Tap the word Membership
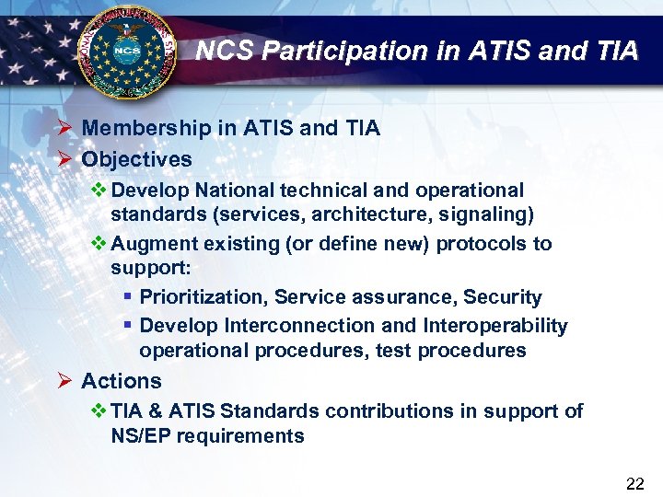pyautogui.click(x=147, y=129)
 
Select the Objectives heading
pyautogui.click(x=136, y=159)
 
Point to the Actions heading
pyautogui.click(x=121, y=381)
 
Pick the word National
pyautogui.click(x=229, y=191)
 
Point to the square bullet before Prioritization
pyautogui.click(x=128, y=298)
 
